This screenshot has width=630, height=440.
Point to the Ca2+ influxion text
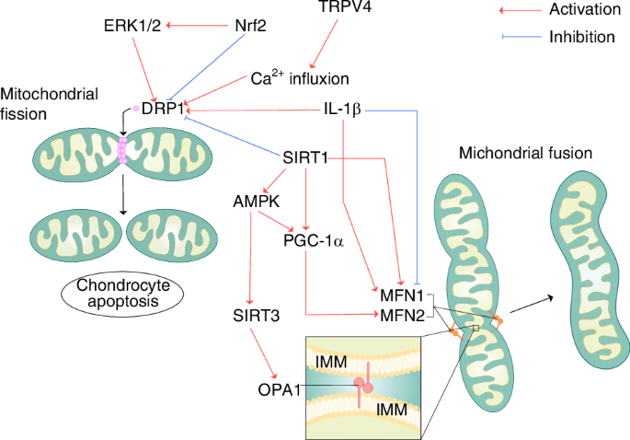coord(299,78)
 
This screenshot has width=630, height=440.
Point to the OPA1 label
coord(281,390)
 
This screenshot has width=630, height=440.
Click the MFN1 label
coord(401,296)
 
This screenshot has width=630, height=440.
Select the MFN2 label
coord(401,316)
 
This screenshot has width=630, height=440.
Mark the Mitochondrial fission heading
coord(42,103)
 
